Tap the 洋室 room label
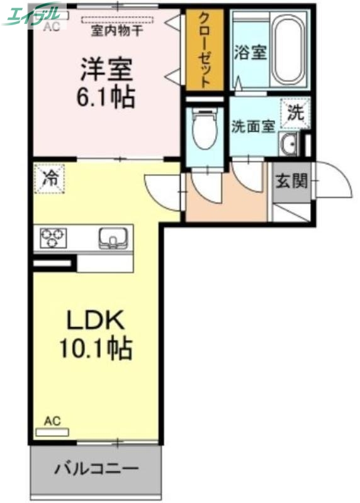coord(106,70)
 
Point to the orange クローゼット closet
coord(205,50)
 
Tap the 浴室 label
coord(250,52)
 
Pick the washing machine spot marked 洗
coord(295,114)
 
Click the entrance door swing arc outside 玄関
coord(334,181)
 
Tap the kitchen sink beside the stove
coord(113,238)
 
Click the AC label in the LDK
coord(53,421)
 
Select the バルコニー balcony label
coord(96,468)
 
